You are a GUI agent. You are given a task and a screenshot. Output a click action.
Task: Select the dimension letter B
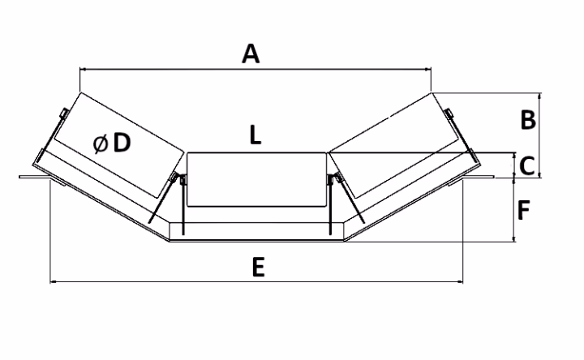pyautogui.click(x=528, y=120)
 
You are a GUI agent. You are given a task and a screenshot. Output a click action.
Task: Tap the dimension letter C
pyautogui.click(x=526, y=165)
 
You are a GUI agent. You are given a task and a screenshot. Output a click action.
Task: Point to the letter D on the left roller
pyautogui.click(x=122, y=143)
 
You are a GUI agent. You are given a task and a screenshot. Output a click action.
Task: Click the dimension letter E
pyautogui.click(x=257, y=268)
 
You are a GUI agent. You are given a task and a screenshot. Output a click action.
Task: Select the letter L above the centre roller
pyautogui.click(x=255, y=135)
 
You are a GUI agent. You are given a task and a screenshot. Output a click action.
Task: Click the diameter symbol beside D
pyautogui.click(x=101, y=144)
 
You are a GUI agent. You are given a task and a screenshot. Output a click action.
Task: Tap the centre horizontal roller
pyautogui.click(x=256, y=178)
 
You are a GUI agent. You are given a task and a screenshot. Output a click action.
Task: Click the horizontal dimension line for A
pyautogui.click(x=324, y=70)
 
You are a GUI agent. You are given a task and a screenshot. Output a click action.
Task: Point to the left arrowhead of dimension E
pyautogui.click(x=54, y=282)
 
